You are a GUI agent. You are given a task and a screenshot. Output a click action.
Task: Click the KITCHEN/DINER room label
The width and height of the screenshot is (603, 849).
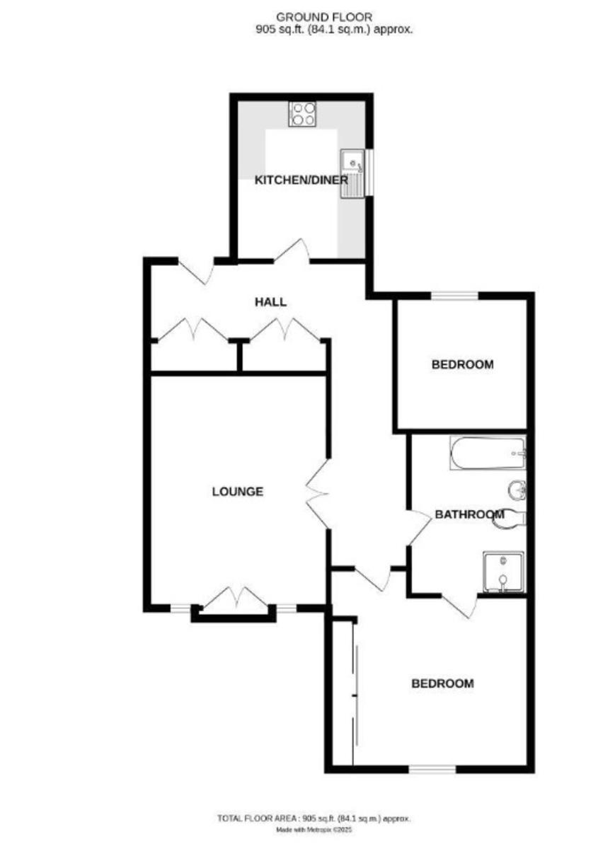click(301, 180)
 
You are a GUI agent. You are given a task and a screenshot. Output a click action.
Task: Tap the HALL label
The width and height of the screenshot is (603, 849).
click(270, 302)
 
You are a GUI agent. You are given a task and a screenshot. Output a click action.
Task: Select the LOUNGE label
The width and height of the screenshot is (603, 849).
click(237, 492)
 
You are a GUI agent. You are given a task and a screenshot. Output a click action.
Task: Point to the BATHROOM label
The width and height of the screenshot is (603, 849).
click(469, 514)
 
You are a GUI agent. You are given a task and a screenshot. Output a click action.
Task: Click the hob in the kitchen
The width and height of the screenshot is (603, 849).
click(302, 115)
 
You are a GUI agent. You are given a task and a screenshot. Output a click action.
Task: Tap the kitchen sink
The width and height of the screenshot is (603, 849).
click(352, 174)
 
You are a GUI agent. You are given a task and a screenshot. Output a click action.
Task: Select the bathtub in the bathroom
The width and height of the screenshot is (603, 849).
click(488, 454)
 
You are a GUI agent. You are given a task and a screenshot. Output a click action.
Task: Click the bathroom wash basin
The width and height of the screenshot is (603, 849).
click(517, 490)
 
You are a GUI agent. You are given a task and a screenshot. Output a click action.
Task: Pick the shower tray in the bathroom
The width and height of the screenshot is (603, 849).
click(504, 572)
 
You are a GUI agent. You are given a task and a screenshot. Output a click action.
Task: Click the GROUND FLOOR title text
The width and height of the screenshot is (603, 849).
click(324, 17)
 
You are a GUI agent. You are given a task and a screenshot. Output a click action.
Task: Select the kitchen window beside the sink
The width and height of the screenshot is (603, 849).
click(369, 174)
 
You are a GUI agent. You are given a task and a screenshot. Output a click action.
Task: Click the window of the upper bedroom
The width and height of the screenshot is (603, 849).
click(454, 296)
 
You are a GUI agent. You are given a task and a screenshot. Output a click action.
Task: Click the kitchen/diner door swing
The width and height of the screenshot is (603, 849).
click(292, 250)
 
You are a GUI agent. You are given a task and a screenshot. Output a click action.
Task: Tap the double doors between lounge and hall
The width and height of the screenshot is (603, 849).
click(316, 495)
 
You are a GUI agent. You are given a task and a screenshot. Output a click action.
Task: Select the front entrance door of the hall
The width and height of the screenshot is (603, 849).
click(196, 270)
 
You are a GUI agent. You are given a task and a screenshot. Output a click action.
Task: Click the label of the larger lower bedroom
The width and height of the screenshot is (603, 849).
click(442, 683)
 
